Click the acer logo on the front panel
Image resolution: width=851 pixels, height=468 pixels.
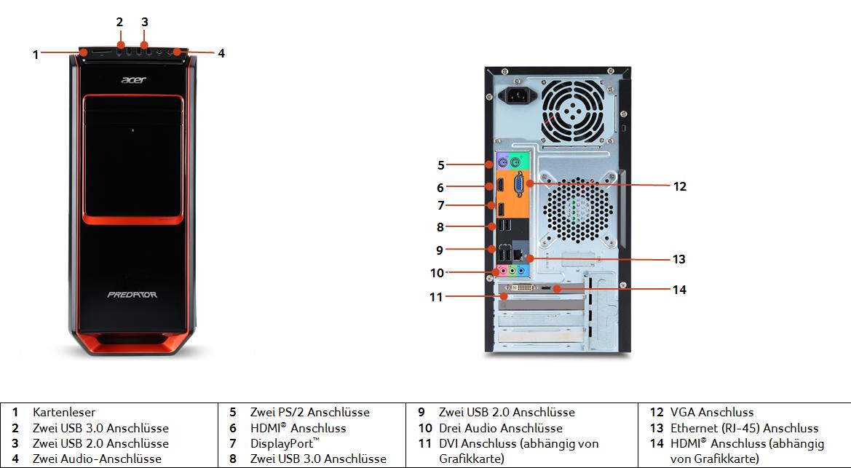tap(132, 81)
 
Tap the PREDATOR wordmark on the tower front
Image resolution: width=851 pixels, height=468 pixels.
tap(132, 295)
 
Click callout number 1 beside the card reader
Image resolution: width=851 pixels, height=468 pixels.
tap(36, 54)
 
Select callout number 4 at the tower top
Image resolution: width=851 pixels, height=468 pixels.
tap(221, 53)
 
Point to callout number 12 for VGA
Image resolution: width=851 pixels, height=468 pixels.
tap(679, 186)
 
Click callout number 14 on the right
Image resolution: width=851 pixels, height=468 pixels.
tap(679, 290)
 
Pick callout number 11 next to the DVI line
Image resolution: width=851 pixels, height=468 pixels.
tap(436, 297)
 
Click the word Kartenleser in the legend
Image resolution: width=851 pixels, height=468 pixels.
tap(64, 413)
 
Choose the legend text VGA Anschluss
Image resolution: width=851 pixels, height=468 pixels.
tap(712, 413)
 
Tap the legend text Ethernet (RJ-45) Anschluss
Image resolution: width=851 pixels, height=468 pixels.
tap(744, 428)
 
